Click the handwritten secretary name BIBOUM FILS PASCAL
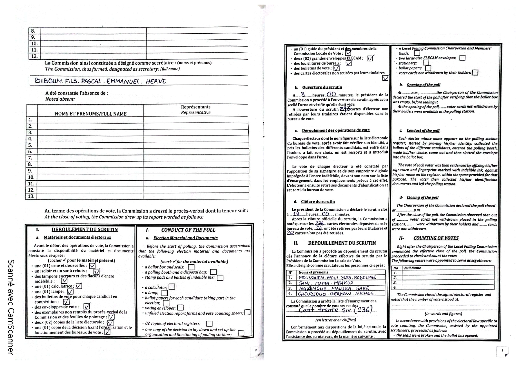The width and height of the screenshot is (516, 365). coord(100,81)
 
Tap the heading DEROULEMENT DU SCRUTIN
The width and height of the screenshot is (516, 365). coord(84,230)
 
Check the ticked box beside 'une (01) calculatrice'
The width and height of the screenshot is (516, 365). coord(79,286)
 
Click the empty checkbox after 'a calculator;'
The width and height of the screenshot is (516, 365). coord(172,287)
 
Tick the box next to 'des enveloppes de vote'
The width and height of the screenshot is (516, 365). coord(87,306)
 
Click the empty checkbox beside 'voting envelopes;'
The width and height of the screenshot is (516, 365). coord(180,308)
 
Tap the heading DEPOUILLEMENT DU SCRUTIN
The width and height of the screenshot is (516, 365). coord(342,243)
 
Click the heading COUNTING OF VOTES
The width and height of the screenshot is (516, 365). coord(436,238)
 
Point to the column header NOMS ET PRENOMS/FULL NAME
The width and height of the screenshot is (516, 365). coord(91,114)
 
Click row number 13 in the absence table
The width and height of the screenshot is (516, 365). coord(31,196)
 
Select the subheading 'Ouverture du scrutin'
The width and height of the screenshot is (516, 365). coord(322,87)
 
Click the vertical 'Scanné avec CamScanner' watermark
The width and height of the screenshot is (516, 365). coord(10,307)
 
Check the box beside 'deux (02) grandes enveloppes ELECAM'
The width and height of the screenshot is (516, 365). coord(370,58)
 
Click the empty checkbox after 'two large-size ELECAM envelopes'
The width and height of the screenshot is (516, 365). coord(462,58)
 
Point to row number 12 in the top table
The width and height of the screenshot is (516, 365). coord(34,56)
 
